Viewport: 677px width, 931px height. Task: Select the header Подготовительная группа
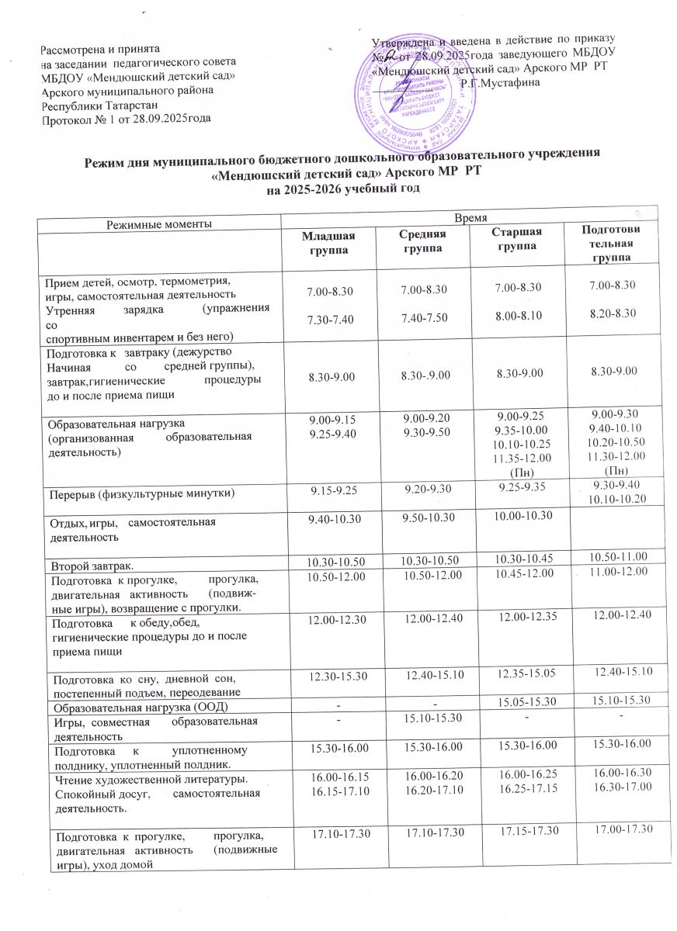[613, 244]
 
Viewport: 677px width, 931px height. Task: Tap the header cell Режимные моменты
[159, 223]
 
